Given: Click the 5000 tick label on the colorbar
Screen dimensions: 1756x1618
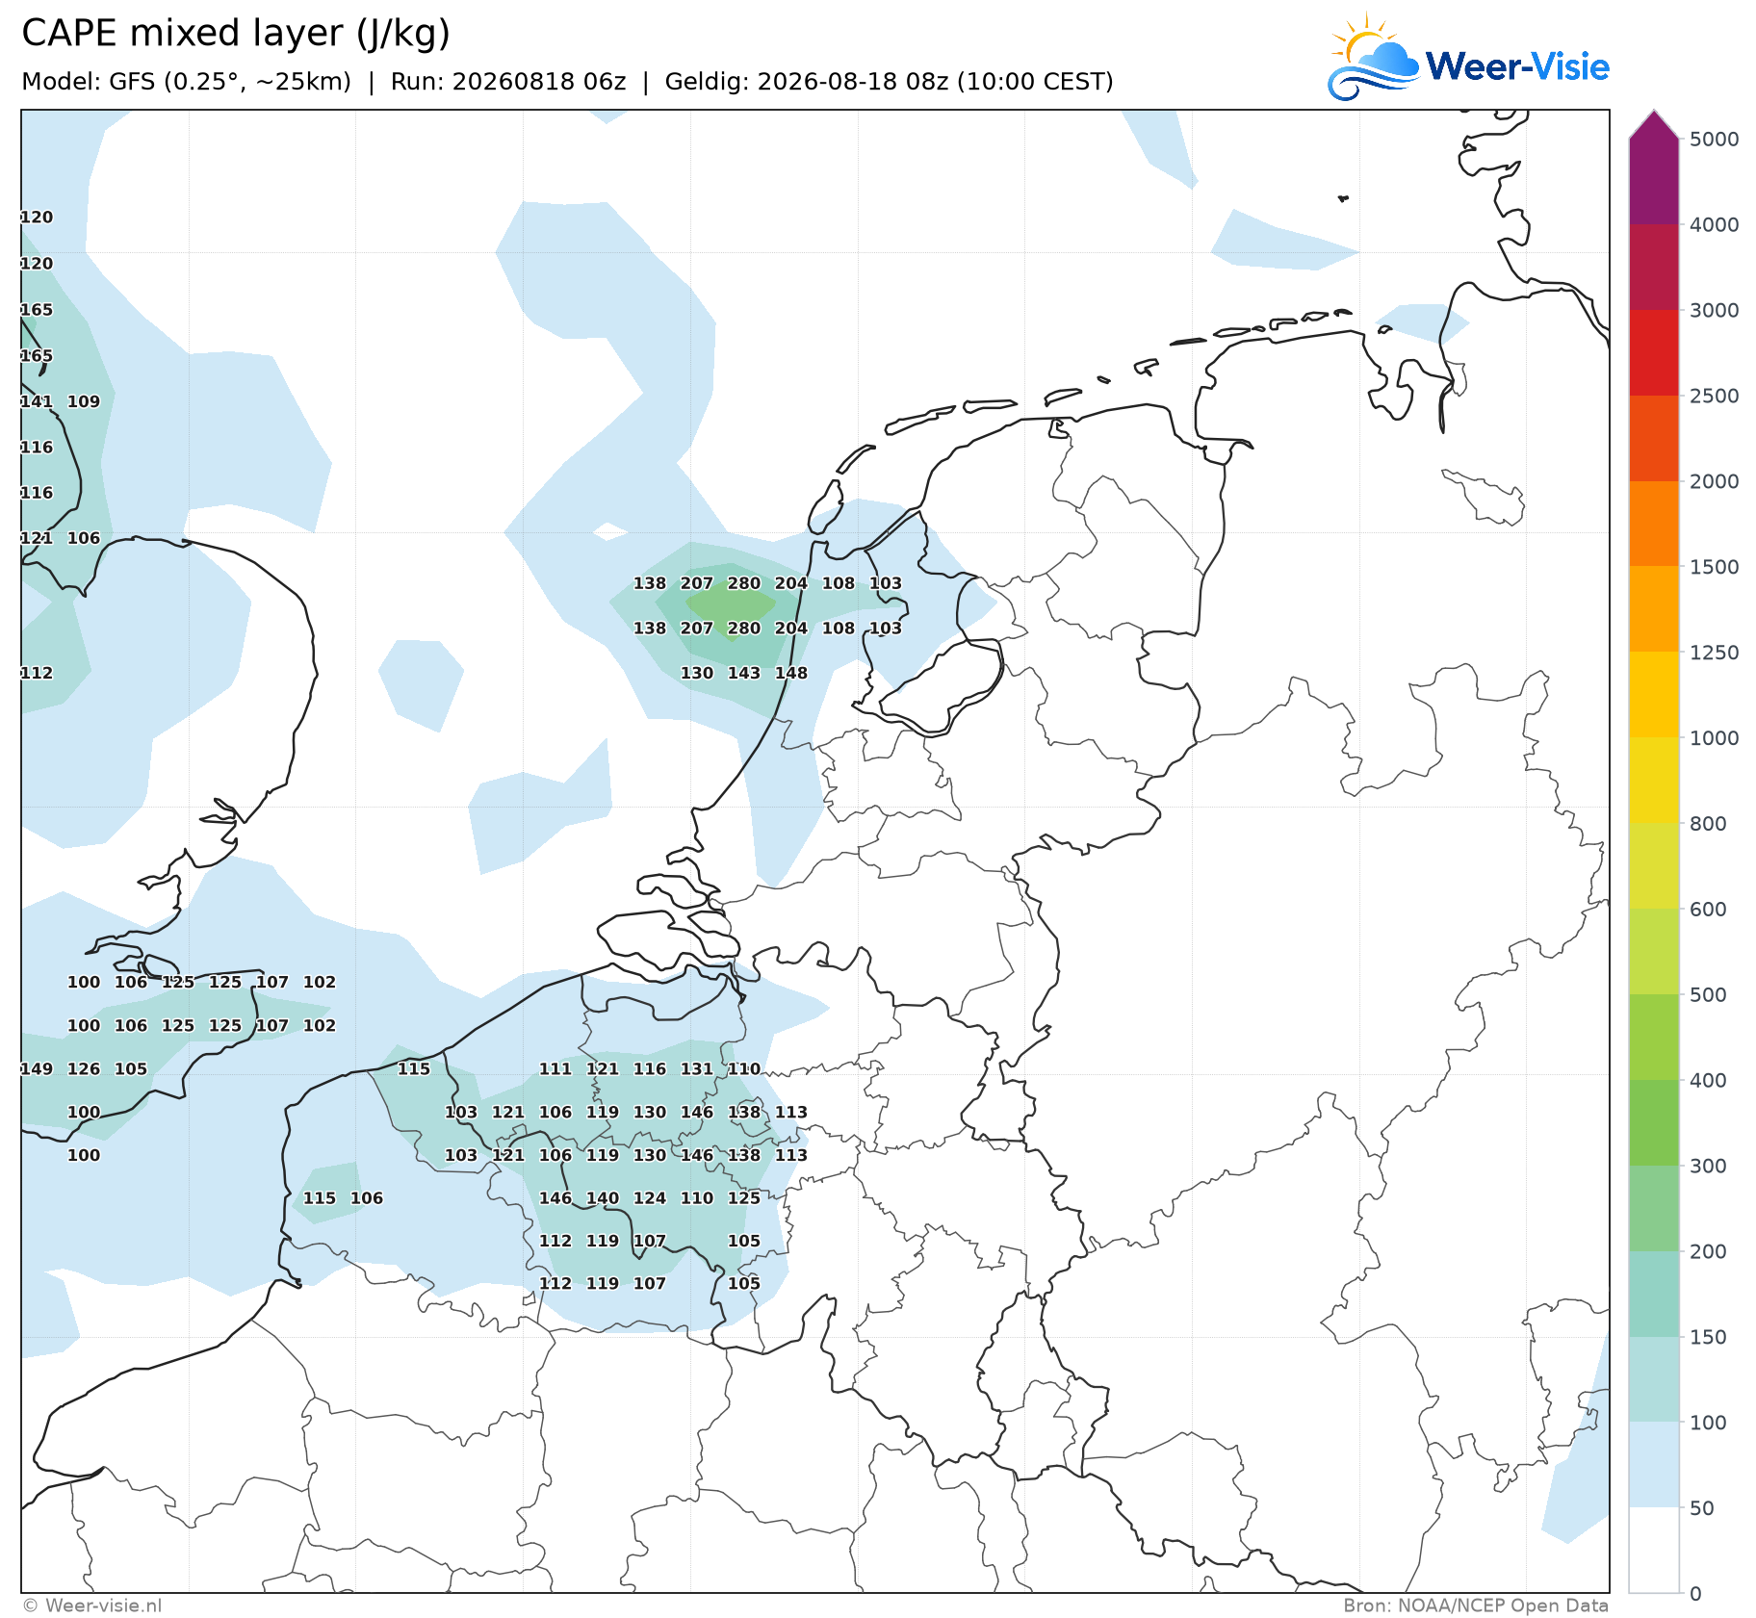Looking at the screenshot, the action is (1714, 140).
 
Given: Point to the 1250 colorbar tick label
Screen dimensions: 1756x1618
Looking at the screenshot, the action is (1714, 653).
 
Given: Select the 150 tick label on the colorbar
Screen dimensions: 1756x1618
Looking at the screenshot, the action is (1708, 1337).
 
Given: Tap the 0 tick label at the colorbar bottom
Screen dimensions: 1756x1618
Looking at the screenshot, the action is (1695, 1594).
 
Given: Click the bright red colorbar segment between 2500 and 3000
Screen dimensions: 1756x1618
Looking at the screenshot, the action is (1654, 352).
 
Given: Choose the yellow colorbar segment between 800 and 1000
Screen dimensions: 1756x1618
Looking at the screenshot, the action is (1654, 781).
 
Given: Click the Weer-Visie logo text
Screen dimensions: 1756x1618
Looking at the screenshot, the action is (1517, 66).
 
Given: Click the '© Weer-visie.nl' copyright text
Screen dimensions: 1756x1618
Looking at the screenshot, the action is (91, 1605).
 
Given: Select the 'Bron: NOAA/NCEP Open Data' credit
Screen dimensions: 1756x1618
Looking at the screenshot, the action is (1476, 1605).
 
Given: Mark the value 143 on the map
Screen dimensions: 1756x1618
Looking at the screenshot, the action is (743, 674).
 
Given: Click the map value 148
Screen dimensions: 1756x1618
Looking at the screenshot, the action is (791, 674).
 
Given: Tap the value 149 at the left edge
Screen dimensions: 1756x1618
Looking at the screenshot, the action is (37, 1069).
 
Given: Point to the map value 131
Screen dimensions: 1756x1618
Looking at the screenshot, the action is (696, 1069).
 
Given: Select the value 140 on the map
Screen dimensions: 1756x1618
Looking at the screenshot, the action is (603, 1198).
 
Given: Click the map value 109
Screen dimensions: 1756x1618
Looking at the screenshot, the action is (84, 401).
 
